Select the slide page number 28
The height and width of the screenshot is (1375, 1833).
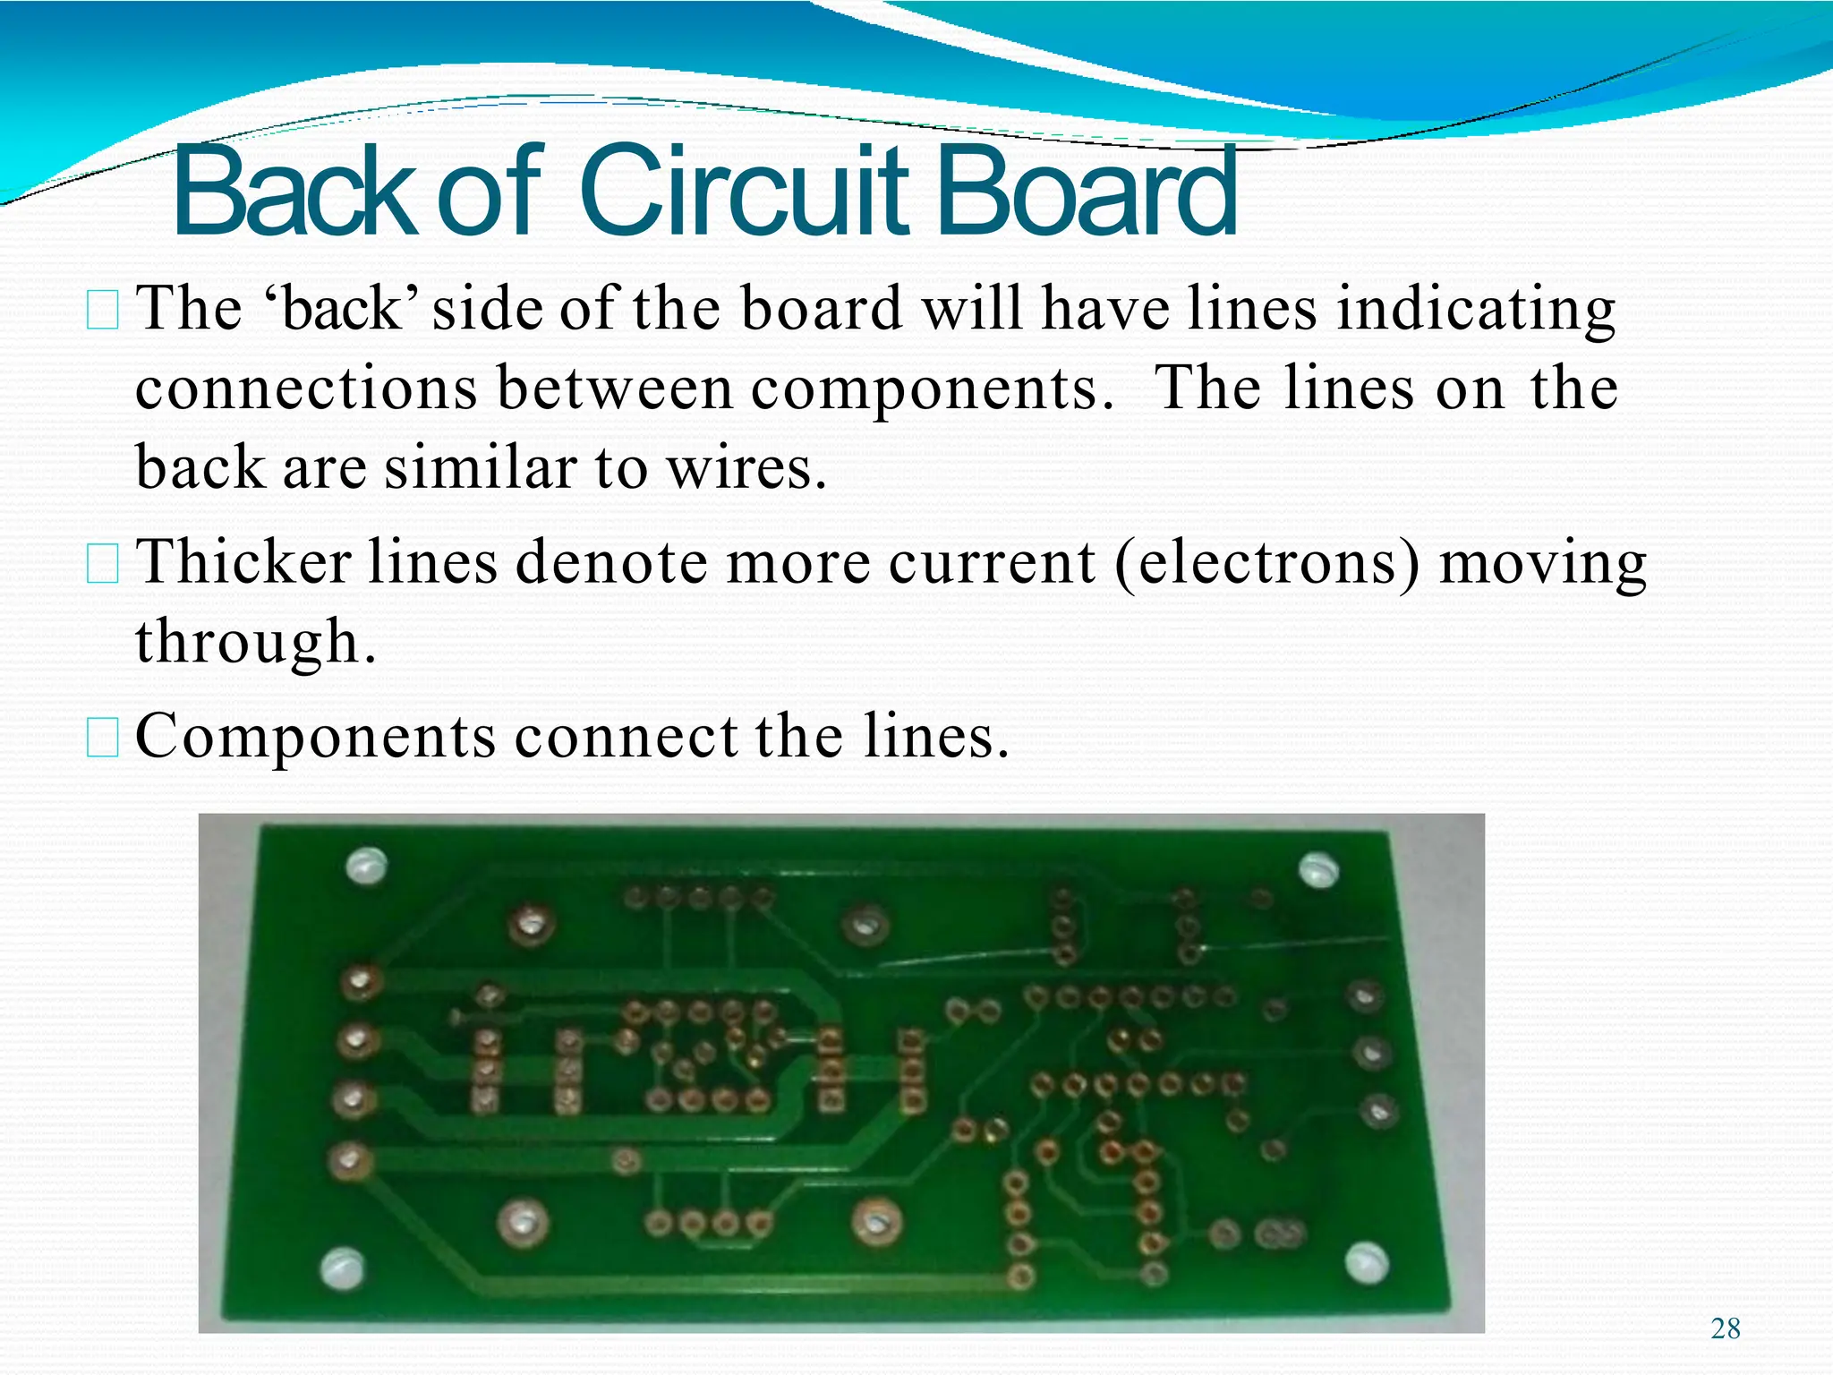pyautogui.click(x=1725, y=1328)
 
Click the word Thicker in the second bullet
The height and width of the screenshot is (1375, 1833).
pyautogui.click(x=243, y=564)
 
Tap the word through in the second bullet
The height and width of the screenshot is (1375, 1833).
pyautogui.click(x=254, y=643)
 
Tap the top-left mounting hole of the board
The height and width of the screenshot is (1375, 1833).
pyautogui.click(x=366, y=865)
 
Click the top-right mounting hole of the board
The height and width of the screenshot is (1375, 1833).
pyautogui.click(x=1318, y=868)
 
